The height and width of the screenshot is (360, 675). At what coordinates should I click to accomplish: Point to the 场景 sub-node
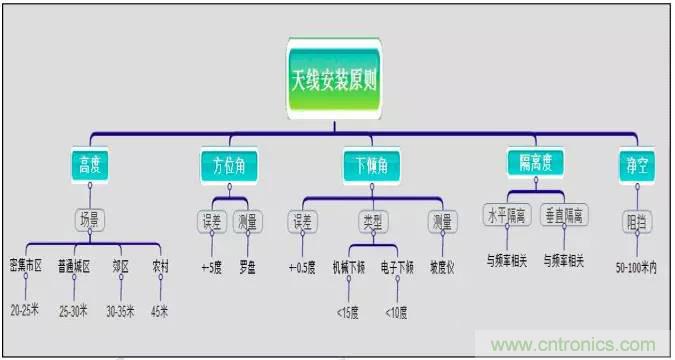pyautogui.click(x=90, y=218)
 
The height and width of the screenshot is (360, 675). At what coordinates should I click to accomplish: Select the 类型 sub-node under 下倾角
pyautogui.click(x=369, y=221)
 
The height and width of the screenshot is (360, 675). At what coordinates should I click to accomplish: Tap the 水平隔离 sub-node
pyautogui.click(x=508, y=215)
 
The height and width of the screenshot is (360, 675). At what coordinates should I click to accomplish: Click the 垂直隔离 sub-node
pyautogui.click(x=565, y=215)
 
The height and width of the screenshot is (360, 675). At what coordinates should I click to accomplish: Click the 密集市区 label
pyautogui.click(x=25, y=267)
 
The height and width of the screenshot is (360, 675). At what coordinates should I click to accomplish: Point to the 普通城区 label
pyautogui.click(x=75, y=267)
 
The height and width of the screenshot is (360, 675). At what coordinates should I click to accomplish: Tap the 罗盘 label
pyautogui.click(x=247, y=267)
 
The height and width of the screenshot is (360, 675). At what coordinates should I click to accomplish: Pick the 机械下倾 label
pyautogui.click(x=349, y=267)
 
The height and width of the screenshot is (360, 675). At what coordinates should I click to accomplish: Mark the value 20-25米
pyautogui.click(x=25, y=311)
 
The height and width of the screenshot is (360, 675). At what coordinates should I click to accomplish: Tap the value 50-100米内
pyautogui.click(x=636, y=267)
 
